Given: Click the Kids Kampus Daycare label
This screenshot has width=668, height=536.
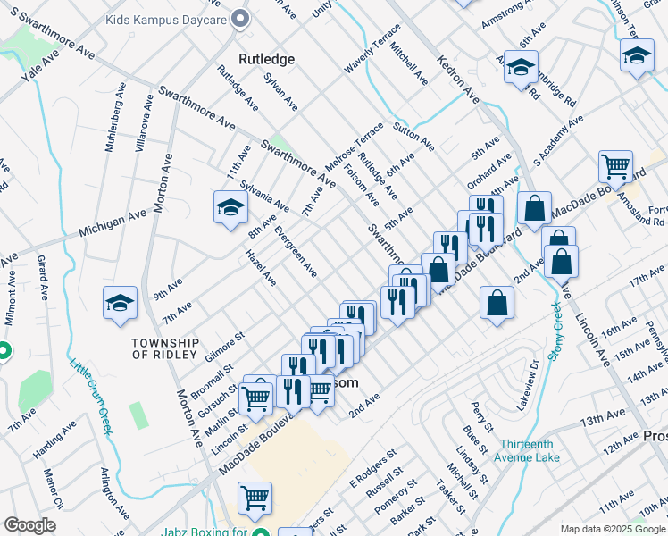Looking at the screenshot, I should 164,18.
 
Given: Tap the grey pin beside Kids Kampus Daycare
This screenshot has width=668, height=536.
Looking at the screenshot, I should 239,18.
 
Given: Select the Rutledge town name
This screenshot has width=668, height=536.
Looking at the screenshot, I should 266,59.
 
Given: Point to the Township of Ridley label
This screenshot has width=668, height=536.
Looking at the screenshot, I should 164,348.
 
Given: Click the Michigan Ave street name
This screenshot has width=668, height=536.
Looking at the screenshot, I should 113,223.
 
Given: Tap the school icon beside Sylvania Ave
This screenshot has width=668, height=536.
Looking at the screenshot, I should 230,208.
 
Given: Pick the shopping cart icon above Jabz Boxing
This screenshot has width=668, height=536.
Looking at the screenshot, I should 255,498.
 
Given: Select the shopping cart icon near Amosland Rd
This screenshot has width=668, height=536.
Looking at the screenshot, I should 615,165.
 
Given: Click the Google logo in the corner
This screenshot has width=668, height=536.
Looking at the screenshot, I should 29,525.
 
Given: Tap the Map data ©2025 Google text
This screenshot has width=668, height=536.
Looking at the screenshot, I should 612,529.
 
